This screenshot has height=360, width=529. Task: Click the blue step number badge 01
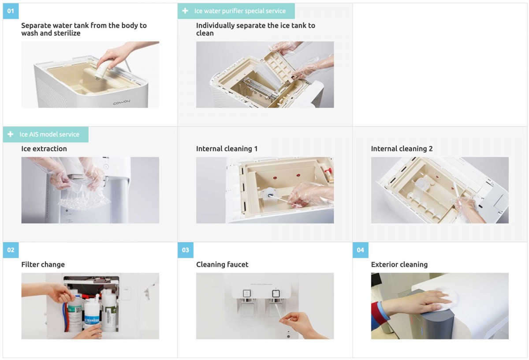[x=11, y=11]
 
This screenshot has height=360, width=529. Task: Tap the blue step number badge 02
[x=11, y=250]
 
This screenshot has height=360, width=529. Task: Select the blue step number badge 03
[x=186, y=250]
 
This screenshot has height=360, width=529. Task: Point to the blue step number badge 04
[x=361, y=250]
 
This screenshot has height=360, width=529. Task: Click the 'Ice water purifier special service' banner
[x=236, y=11]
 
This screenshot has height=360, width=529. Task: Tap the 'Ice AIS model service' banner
[x=45, y=134]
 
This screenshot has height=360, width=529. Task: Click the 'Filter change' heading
[x=43, y=264]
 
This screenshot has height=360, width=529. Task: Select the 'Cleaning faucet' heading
[x=222, y=264]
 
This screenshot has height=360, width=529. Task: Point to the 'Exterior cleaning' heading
[x=399, y=264]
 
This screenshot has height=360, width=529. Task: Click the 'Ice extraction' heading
[x=44, y=149]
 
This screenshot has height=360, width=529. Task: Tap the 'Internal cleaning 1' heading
[x=227, y=149]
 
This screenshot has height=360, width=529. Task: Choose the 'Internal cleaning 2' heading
[x=402, y=149]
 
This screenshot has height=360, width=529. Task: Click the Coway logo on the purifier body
[x=121, y=102]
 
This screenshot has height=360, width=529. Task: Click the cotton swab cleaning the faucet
[x=278, y=311]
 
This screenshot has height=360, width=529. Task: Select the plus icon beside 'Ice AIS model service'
[x=11, y=134]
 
